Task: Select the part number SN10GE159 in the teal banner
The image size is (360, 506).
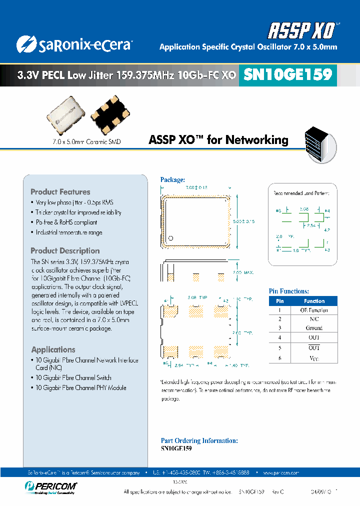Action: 287,74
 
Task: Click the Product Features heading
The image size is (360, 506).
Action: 60,192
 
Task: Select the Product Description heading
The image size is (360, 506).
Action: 65,251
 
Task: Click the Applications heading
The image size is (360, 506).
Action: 53,349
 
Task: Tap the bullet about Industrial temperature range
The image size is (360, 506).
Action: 68,232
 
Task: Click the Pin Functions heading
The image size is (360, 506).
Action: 289,291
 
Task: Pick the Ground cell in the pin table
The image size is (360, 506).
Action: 314,328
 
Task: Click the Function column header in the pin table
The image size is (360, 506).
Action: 314,301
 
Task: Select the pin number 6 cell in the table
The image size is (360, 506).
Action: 280,358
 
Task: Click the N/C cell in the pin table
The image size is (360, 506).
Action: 314,318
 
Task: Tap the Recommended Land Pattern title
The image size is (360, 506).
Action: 304,192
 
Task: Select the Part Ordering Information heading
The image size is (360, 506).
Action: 199,440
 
